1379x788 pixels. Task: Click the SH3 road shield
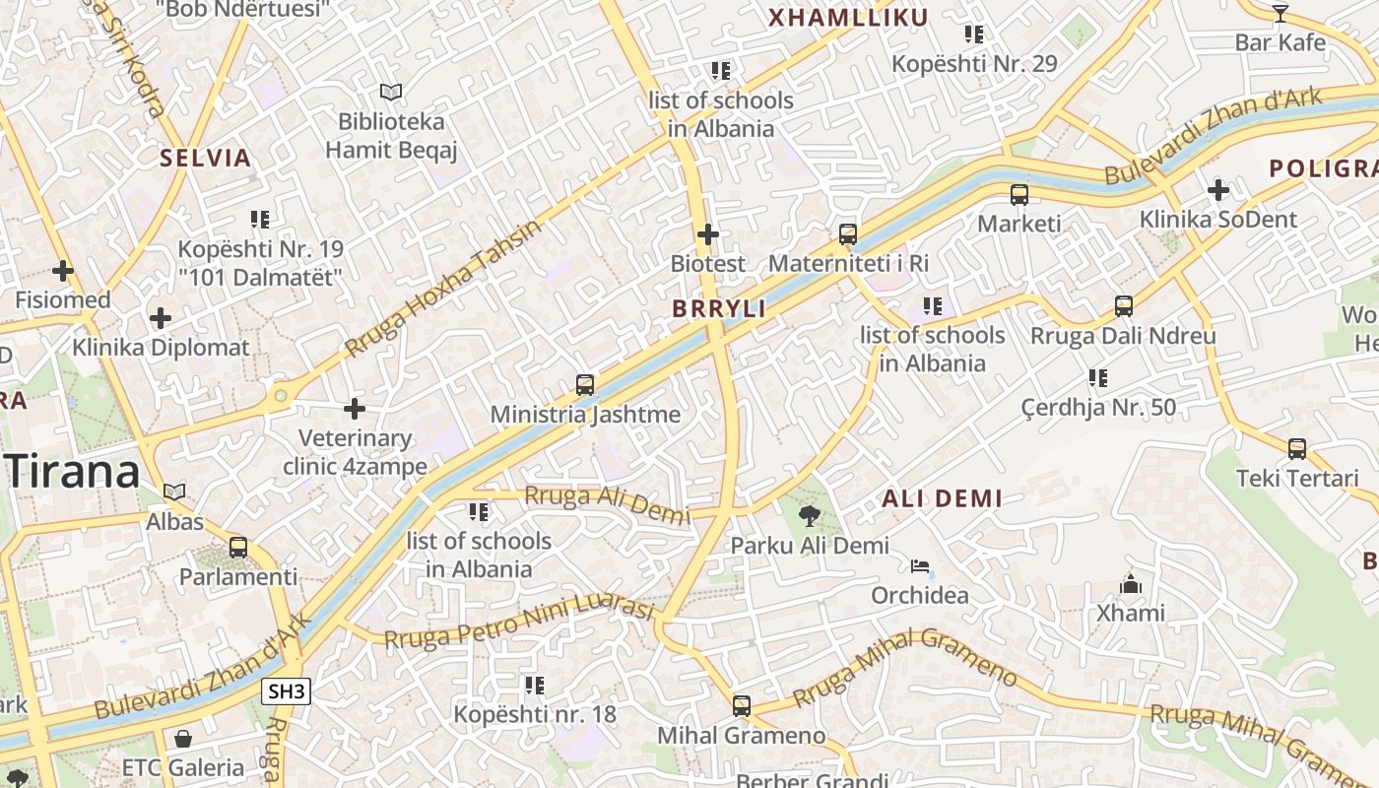coord(287,691)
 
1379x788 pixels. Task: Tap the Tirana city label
coord(75,473)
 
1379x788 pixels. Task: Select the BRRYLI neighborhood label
coord(719,309)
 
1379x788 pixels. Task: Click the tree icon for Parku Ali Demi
coord(810,515)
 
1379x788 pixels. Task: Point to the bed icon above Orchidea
coord(920,566)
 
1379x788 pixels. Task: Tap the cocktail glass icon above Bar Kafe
coord(1280,13)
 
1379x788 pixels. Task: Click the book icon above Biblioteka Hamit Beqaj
coord(391,93)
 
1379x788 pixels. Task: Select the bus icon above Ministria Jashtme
coord(585,385)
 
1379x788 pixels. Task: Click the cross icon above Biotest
coord(707,234)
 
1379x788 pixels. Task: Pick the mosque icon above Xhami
coord(1131,584)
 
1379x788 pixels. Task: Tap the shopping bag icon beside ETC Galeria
coord(183,739)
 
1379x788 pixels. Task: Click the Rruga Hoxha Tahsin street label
coord(443,289)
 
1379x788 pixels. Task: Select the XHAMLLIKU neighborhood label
coord(848,18)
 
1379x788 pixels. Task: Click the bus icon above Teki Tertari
coord(1297,449)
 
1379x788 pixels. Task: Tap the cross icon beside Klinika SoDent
coord(1218,189)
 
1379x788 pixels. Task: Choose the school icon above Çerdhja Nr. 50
coord(1098,378)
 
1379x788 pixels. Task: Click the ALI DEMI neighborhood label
coord(942,498)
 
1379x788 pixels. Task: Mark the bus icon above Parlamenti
coord(237,548)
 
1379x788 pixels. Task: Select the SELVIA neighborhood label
coord(206,158)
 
